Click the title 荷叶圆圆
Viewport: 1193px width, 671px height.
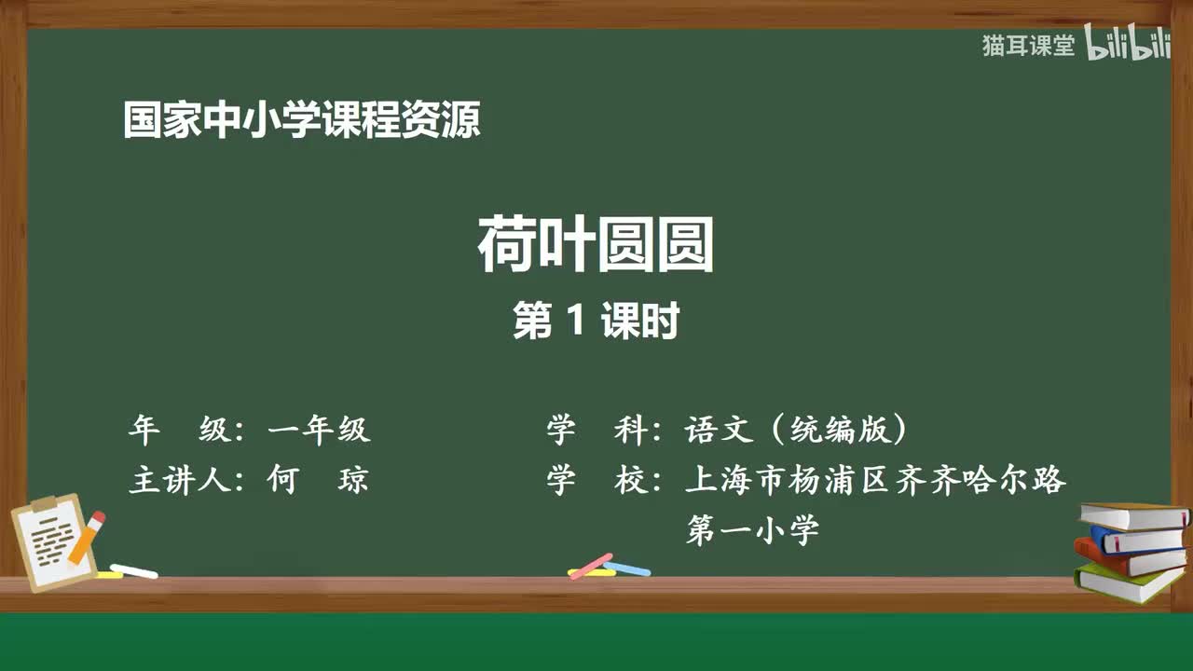click(596, 245)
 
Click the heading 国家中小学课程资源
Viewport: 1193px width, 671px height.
click(302, 121)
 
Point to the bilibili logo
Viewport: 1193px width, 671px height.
click(1127, 45)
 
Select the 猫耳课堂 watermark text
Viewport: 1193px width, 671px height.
click(1028, 46)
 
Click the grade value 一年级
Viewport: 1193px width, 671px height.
click(319, 430)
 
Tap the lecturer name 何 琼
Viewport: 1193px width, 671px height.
click(317, 480)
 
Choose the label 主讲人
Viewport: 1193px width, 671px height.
click(177, 480)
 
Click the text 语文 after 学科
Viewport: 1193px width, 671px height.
click(718, 430)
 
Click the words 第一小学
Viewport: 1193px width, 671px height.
click(752, 530)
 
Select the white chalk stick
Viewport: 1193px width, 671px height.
click(133, 570)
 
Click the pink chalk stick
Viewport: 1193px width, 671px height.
click(590, 566)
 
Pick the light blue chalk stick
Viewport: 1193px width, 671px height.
click(626, 568)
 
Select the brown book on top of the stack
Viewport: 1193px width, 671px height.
click(1133, 515)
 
